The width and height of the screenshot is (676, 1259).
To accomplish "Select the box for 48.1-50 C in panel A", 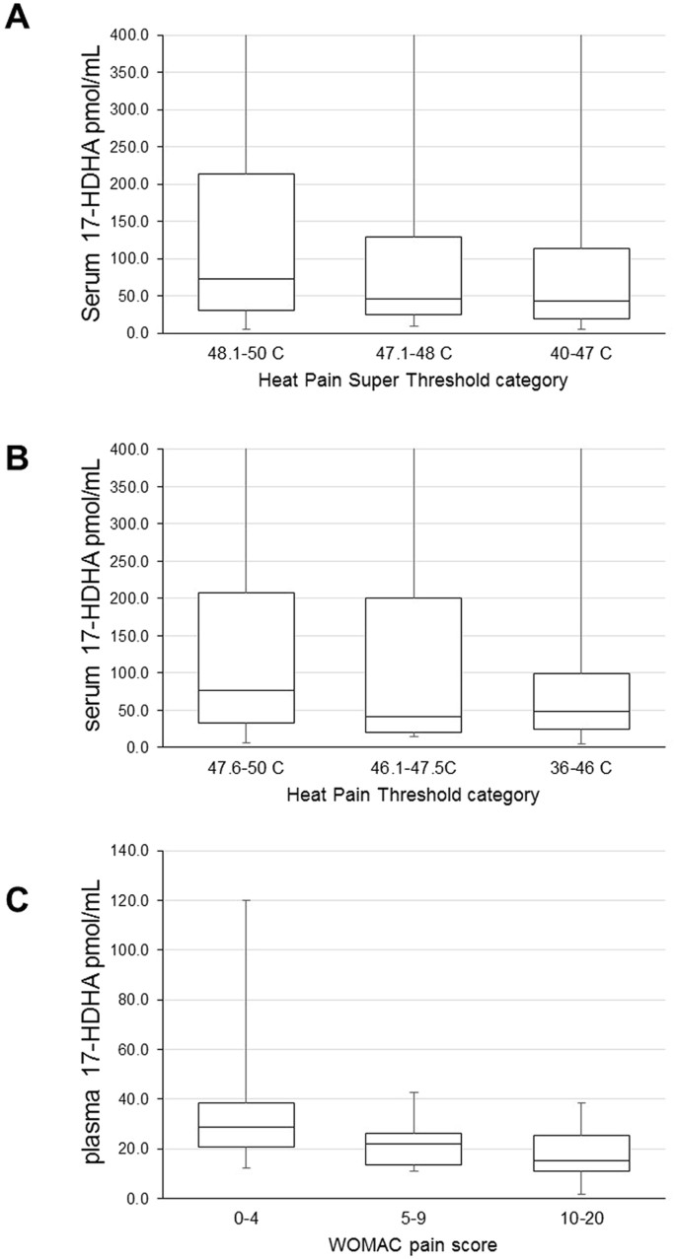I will [x=246, y=242].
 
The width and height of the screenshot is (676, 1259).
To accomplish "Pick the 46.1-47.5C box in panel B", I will [x=413, y=664].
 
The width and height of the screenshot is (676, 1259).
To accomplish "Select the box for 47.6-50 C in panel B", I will [x=246, y=661].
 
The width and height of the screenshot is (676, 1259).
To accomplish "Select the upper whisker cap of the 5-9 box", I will [x=413, y=1092].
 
